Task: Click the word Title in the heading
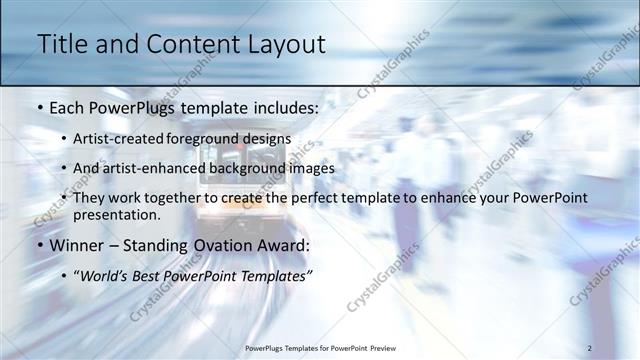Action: [x=58, y=45]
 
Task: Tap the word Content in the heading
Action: [x=191, y=45]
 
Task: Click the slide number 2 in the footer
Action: [x=589, y=347]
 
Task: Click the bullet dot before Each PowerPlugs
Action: [x=39, y=106]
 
